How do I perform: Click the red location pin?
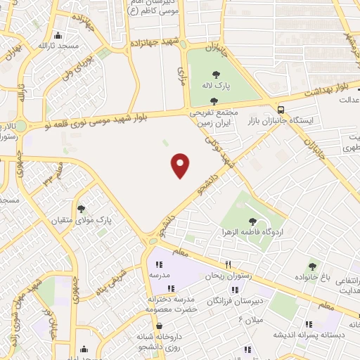pos(181,165)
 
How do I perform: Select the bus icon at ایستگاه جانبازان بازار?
pos(281,110)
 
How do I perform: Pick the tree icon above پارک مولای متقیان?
pos(81,208)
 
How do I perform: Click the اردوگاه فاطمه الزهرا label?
pos(254,232)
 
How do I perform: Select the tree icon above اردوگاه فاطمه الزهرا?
pos(252,221)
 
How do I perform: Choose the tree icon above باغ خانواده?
pos(312,266)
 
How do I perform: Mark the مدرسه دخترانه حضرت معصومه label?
pos(172,303)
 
